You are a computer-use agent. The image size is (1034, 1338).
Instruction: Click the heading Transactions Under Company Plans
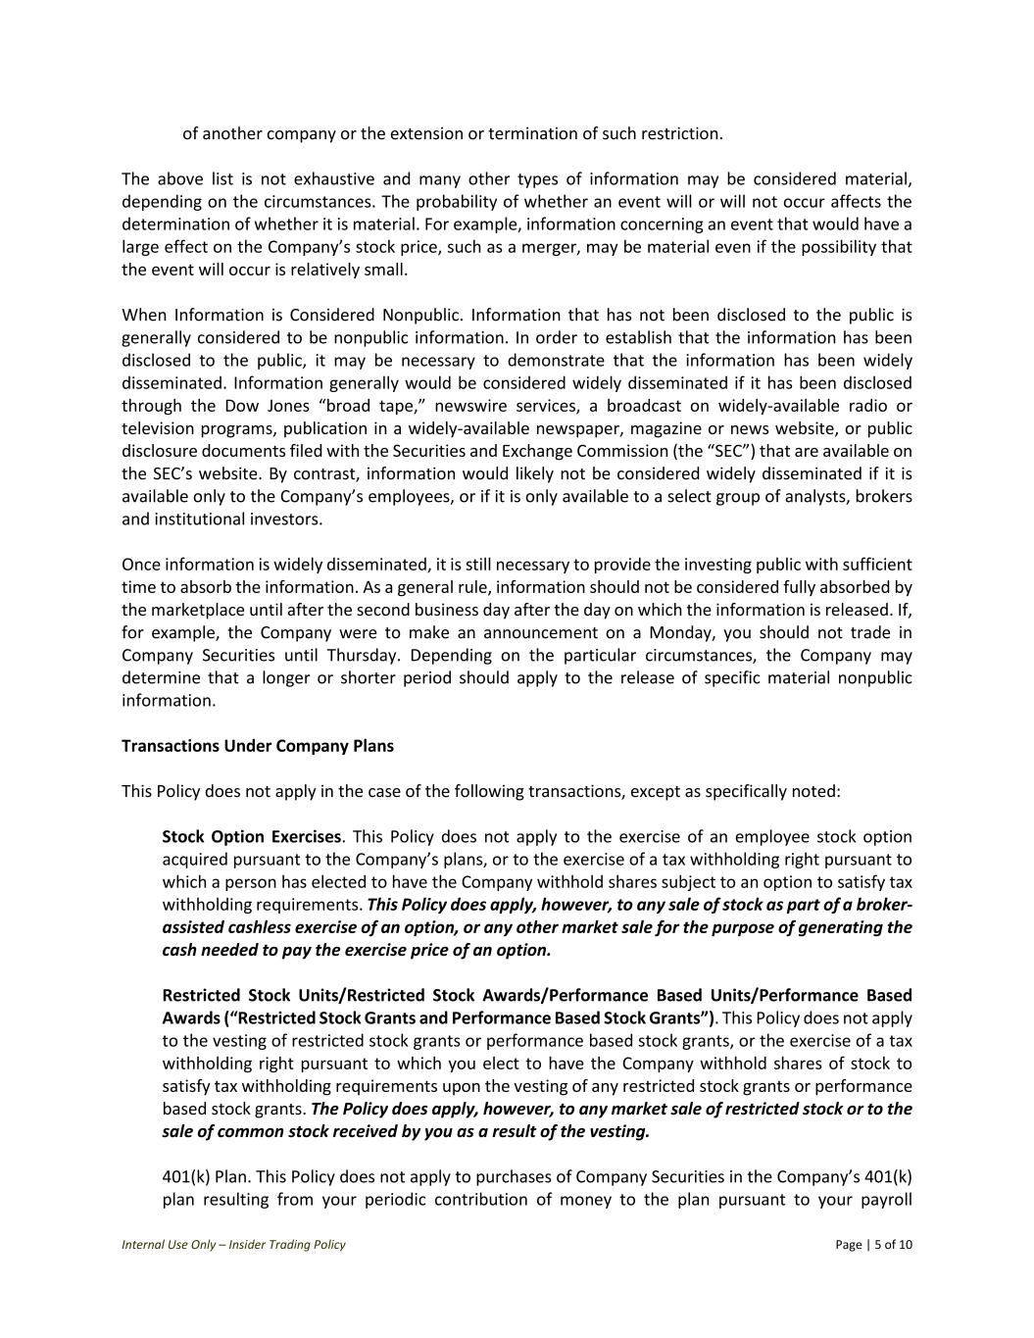pyautogui.click(x=258, y=746)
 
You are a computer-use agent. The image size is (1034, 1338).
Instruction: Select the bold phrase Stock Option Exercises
pyautogui.click(x=251, y=837)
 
